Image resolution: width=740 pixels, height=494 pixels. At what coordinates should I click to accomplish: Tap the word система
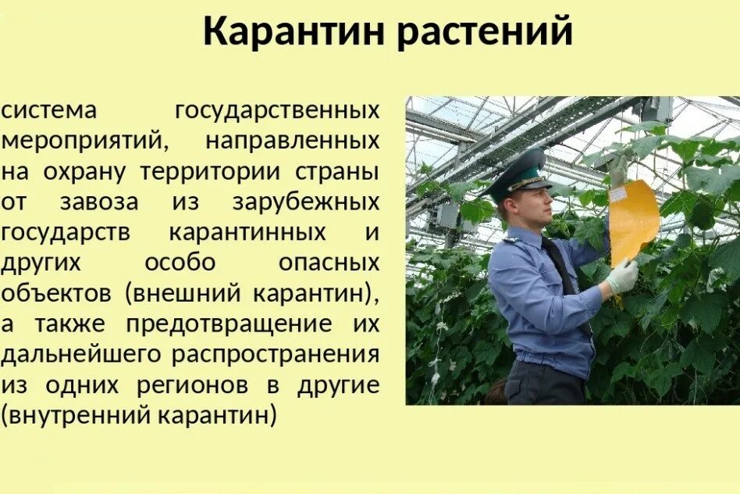(49, 110)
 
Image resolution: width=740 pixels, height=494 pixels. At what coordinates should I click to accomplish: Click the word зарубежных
(305, 202)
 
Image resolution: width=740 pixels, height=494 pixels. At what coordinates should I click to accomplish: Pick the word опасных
(329, 263)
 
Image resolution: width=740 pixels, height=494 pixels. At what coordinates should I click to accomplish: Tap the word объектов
(55, 293)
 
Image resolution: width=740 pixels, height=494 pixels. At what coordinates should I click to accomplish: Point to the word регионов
(196, 385)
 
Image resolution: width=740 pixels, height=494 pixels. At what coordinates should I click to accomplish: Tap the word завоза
(98, 202)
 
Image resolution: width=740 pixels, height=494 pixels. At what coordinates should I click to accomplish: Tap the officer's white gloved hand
(622, 276)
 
